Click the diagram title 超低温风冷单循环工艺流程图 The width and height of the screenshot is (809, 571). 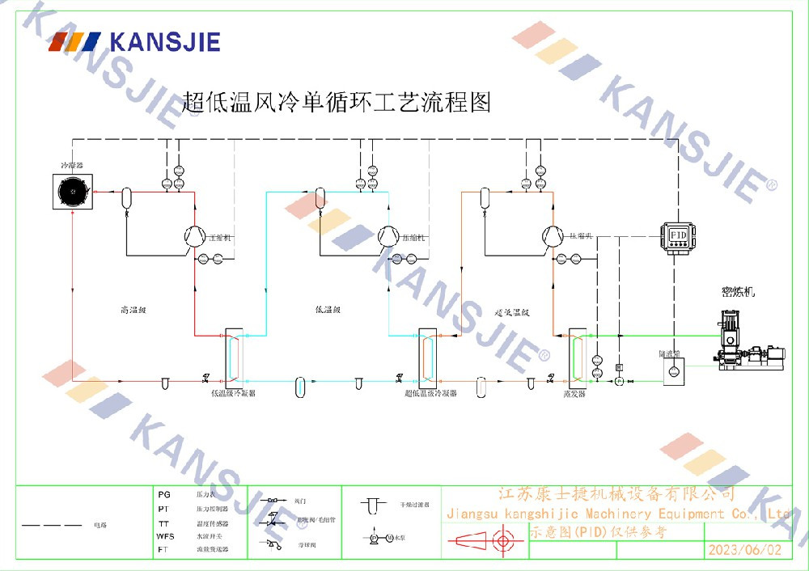(x=337, y=103)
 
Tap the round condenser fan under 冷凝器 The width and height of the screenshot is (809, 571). (x=74, y=192)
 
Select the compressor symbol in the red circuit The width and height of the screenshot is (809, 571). (x=194, y=235)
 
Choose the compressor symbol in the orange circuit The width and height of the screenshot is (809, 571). (x=553, y=235)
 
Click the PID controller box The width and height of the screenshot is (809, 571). (x=678, y=235)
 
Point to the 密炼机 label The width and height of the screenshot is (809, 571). (x=738, y=292)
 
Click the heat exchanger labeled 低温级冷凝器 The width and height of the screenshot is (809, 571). (x=232, y=356)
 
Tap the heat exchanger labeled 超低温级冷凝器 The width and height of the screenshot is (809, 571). (x=427, y=356)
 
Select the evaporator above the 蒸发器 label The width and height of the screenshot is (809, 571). (x=576, y=356)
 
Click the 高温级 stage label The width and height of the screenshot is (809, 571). (x=131, y=310)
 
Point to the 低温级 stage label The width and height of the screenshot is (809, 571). (x=328, y=310)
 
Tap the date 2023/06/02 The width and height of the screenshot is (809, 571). (x=745, y=550)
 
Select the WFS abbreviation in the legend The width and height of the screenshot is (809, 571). (x=165, y=535)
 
